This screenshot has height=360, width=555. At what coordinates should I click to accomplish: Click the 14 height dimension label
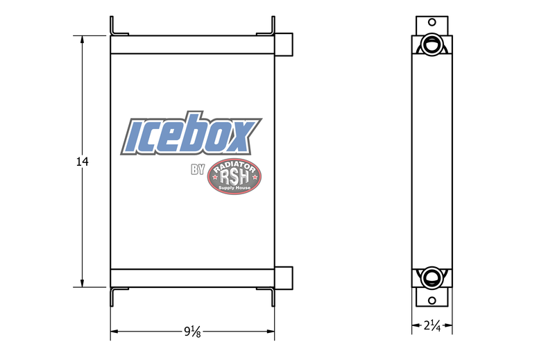(x=83, y=162)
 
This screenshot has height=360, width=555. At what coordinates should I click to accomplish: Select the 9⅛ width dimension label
(x=193, y=332)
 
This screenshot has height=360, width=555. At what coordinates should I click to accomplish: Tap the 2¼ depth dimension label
(x=432, y=325)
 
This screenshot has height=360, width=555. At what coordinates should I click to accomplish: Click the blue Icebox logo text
(x=191, y=133)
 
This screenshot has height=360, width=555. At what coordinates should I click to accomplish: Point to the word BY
(x=198, y=169)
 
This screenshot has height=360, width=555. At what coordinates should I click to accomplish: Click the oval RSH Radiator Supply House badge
(x=234, y=176)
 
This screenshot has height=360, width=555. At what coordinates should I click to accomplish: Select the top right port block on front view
(x=284, y=44)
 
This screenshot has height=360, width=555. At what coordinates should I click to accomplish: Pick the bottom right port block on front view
(x=284, y=278)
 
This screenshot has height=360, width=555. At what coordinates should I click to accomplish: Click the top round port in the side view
(x=432, y=44)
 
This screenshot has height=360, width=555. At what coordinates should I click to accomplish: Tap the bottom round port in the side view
(x=432, y=278)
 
